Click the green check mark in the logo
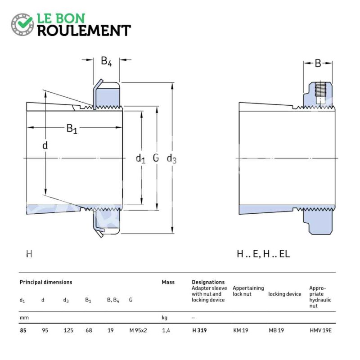tap(25, 22)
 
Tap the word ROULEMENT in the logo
tap(84, 31)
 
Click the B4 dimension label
tap(106, 61)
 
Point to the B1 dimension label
tap(72, 129)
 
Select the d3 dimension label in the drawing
tap(172, 159)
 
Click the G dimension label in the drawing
tap(156, 158)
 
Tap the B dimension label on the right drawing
tap(318, 63)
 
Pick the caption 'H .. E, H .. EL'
tap(263, 254)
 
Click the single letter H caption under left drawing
tap(29, 254)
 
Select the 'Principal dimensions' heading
tap(46, 282)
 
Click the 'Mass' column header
tap(168, 282)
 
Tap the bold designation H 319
tap(199, 330)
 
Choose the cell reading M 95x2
tap(138, 330)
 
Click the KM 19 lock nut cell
tap(241, 330)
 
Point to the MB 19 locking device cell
tap(276, 330)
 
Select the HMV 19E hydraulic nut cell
tap(320, 330)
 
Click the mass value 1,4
tap(166, 331)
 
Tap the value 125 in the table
tap(68, 330)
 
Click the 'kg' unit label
tap(165, 318)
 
